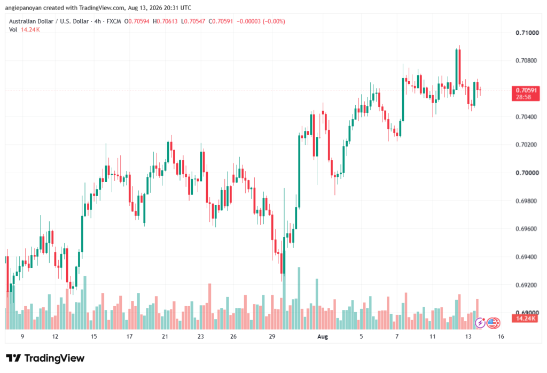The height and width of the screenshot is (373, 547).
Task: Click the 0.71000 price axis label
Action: click(x=527, y=33)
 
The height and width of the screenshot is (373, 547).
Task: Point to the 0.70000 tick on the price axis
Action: click(x=527, y=173)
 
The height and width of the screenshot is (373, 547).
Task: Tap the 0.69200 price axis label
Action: click(x=527, y=285)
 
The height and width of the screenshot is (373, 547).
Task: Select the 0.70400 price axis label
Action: click(x=527, y=117)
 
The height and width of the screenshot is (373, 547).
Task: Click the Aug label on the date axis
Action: click(x=323, y=337)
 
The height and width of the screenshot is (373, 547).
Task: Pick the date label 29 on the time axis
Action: click(x=272, y=336)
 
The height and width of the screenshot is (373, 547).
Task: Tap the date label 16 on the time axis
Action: click(x=501, y=336)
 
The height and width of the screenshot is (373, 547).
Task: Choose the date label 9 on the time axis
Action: click(x=22, y=336)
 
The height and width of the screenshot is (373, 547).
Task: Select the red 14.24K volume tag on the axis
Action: click(x=526, y=318)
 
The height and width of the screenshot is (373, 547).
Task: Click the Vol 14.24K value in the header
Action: click(x=30, y=30)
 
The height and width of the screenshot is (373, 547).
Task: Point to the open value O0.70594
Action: click(x=137, y=21)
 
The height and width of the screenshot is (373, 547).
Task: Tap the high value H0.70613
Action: click(x=165, y=21)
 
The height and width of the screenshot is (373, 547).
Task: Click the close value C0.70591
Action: click(x=221, y=21)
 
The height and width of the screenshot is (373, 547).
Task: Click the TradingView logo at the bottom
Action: click(x=45, y=358)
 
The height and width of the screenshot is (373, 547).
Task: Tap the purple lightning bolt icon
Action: click(x=480, y=323)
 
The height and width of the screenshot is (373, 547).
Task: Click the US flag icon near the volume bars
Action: click(x=493, y=323)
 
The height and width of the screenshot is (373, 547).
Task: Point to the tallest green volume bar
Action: click(x=299, y=298)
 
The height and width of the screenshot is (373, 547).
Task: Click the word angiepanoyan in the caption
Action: click(x=24, y=7)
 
